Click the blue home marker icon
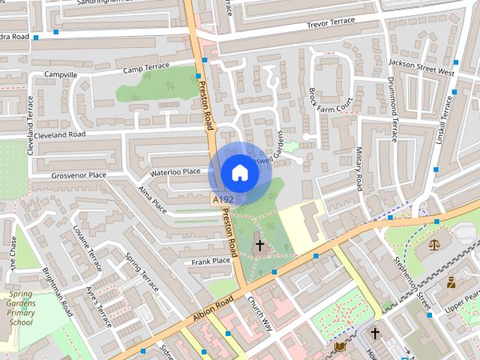coord(239,172)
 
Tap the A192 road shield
coord(223,200)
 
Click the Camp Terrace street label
coord(146,67)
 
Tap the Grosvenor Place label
coord(79,175)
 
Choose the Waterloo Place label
coord(175,172)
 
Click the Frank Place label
coord(210,261)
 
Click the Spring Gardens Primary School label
coord(21,308)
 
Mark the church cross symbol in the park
coord(259,245)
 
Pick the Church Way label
coord(260,316)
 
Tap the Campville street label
coord(61,75)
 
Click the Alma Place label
coord(154,200)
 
